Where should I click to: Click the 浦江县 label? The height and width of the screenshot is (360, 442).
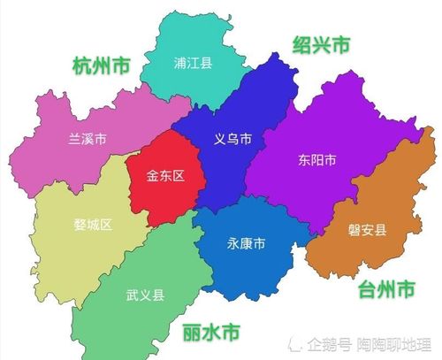pyautogui.click(x=194, y=63)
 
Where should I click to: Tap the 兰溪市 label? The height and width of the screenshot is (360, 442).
pyautogui.click(x=87, y=139)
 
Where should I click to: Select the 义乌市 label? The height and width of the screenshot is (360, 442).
pyautogui.click(x=233, y=140)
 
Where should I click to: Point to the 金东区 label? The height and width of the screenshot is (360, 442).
pyautogui.click(x=165, y=176)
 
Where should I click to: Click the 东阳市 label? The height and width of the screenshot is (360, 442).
pyautogui.click(x=316, y=160)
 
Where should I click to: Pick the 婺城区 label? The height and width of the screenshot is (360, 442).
pyautogui.click(x=93, y=224)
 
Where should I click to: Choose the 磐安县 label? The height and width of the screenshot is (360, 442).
pyautogui.click(x=366, y=231)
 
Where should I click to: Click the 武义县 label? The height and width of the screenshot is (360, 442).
pyautogui.click(x=145, y=295)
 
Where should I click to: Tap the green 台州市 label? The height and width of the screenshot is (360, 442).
pyautogui.click(x=387, y=289)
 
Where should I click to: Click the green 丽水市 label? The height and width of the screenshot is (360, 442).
pyautogui.click(x=210, y=333)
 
